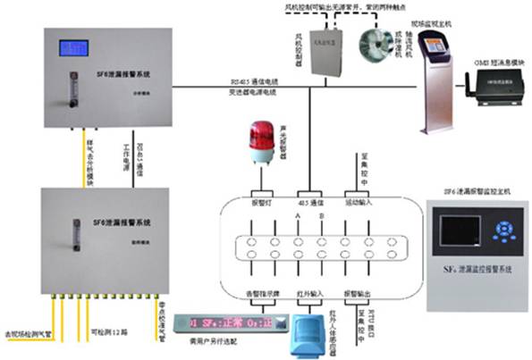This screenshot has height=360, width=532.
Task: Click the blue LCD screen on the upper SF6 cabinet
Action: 72,47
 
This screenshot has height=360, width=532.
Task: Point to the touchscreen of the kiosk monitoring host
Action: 435,46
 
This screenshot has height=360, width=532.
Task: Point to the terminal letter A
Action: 296,215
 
